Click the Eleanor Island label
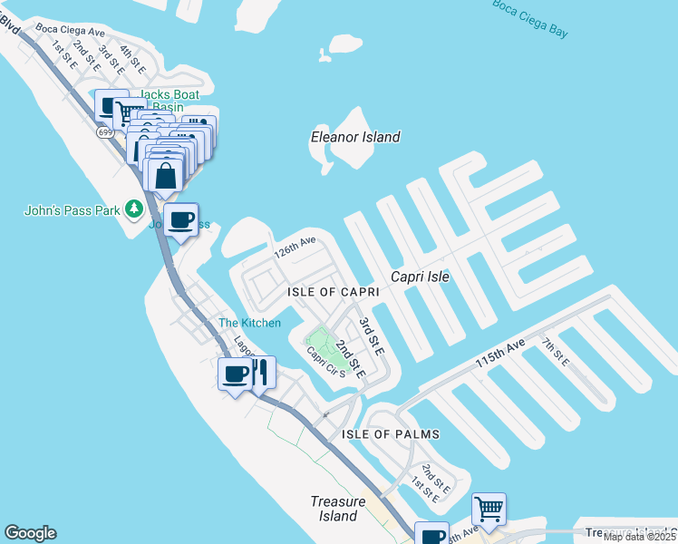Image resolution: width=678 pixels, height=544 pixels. tap(354, 137)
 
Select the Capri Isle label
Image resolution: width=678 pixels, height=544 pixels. tap(420, 276)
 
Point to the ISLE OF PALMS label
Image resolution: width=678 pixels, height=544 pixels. tap(391, 434)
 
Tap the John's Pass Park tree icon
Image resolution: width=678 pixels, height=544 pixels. tap(134, 209)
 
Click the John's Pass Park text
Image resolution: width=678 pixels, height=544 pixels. tap(72, 210)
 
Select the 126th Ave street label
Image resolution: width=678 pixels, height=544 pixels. tap(295, 248)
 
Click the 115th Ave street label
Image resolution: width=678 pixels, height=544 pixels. tap(500, 353)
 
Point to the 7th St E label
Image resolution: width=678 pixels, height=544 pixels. tap(555, 351)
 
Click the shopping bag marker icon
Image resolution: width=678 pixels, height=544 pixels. tap(166, 176)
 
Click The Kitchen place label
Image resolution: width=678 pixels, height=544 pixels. tap(249, 323)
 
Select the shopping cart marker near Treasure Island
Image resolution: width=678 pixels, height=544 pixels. tap(489, 508)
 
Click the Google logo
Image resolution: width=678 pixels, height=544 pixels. tap(30, 533)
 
